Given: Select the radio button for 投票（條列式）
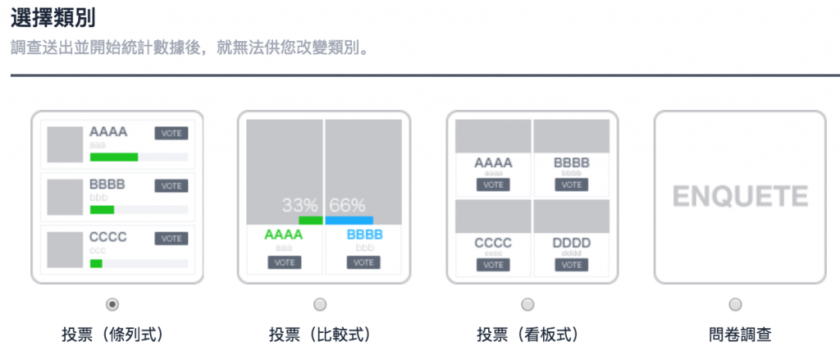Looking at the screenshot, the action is pos(112,304).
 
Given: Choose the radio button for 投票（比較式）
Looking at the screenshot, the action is pos(320,304).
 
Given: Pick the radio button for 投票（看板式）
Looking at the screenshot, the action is pos(527,304).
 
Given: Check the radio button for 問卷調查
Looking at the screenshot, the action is pos(735,304).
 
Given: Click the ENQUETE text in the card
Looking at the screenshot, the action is pos(740,197).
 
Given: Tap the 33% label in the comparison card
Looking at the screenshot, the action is pos(299,205).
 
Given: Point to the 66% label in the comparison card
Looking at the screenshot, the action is pos(347,205).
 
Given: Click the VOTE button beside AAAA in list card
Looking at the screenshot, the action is pos(171,134).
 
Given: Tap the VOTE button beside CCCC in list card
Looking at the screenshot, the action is pos(171,239).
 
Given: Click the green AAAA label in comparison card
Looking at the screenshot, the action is pos(282,235).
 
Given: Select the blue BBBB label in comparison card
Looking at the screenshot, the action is pos(364,235).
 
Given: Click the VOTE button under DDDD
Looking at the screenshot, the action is pos(571,265).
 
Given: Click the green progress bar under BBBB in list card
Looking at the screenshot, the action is pos(102,210).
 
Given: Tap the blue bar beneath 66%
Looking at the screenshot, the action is pos(349,220).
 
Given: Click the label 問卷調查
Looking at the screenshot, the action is pos(735,335).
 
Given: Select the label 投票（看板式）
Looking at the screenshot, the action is pos(527,335).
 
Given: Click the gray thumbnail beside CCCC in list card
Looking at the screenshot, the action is pos(65,249).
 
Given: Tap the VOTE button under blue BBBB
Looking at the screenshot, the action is pos(363,262).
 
